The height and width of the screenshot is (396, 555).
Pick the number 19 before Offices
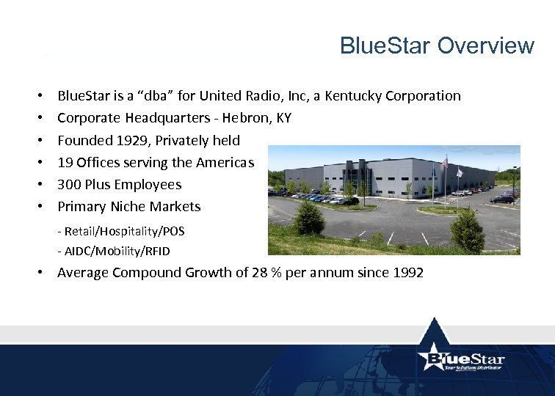tap(65, 162)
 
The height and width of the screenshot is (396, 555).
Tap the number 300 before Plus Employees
tap(69, 184)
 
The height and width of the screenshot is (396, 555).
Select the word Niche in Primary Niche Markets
tap(128, 206)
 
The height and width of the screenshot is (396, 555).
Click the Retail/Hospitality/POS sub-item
tap(121, 231)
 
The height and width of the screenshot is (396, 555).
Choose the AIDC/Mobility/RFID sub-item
tap(114, 251)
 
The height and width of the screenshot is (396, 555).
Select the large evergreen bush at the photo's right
tap(467, 230)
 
